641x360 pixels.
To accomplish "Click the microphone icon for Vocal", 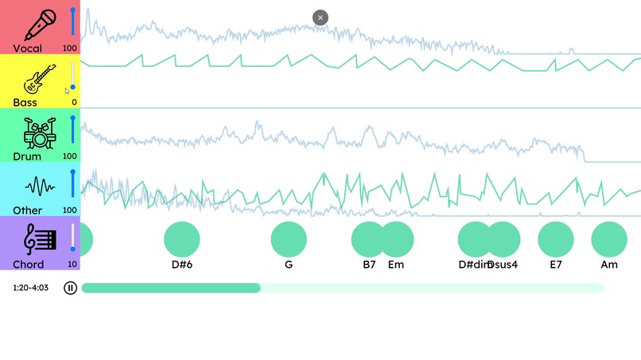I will click(x=39, y=25).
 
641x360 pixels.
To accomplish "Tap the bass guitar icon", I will click(x=39, y=79).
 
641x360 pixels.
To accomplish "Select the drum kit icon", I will click(x=39, y=133).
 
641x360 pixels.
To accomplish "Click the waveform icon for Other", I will click(x=40, y=187).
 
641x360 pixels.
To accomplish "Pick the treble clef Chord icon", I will click(x=40, y=239).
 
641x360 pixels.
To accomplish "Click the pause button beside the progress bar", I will click(x=70, y=288).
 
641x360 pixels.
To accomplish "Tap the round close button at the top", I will click(x=320, y=17).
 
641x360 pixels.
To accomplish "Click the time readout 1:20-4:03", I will click(x=30, y=288).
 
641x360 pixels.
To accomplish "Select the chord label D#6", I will click(x=182, y=265).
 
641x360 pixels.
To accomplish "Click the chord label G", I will click(x=289, y=265).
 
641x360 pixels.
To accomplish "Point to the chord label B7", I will click(x=369, y=265).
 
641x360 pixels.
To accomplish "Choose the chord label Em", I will click(x=396, y=265).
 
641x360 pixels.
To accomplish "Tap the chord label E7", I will click(x=556, y=265).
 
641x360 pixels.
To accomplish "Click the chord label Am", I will click(x=609, y=265).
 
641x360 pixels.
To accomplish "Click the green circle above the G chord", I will click(x=289, y=239).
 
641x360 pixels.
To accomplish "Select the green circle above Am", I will click(x=609, y=239).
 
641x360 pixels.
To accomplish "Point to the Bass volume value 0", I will click(x=75, y=102).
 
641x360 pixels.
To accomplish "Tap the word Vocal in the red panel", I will click(x=28, y=48).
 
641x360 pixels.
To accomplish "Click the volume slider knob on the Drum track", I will click(x=73, y=118).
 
